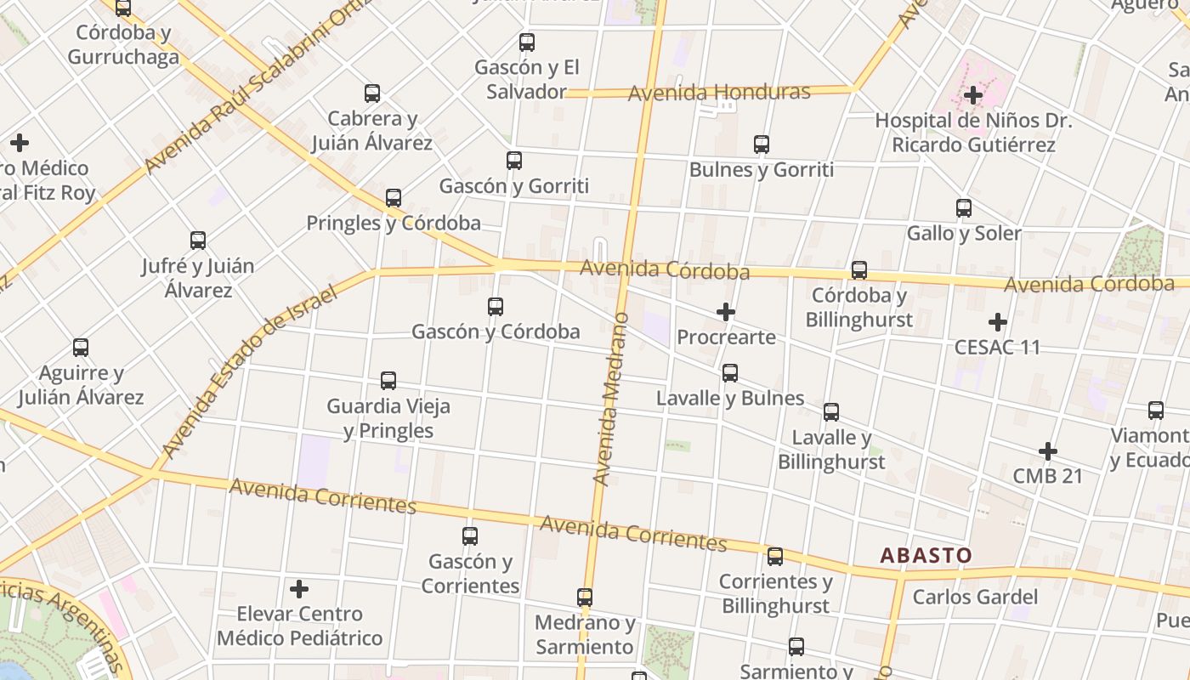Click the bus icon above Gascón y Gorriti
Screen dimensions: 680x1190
pyautogui.click(x=514, y=160)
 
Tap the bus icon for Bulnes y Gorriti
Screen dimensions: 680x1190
pyautogui.click(x=762, y=144)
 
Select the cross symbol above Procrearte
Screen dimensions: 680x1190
pyautogui.click(x=726, y=312)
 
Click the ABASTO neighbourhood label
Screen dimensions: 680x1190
pyautogui.click(x=926, y=556)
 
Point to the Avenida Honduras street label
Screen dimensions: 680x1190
pyautogui.click(x=719, y=92)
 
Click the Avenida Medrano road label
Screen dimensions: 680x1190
pyautogui.click(x=611, y=399)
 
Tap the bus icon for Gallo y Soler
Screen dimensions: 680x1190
pyautogui.click(x=964, y=208)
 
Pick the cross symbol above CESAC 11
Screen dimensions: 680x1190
pyautogui.click(x=998, y=322)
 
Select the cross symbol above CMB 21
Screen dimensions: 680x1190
pyautogui.click(x=1048, y=450)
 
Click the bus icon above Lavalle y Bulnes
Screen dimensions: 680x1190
pyautogui.click(x=730, y=373)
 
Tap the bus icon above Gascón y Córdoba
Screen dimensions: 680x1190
pyautogui.click(x=496, y=307)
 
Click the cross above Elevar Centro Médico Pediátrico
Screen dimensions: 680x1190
pyautogui.click(x=299, y=588)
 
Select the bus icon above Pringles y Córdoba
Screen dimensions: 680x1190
pyautogui.click(x=394, y=198)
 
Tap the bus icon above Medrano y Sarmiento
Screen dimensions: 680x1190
pyautogui.click(x=585, y=598)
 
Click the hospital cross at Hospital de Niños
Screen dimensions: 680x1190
pyautogui.click(x=973, y=95)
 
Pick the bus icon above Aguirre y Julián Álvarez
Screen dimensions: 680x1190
pyautogui.click(x=81, y=348)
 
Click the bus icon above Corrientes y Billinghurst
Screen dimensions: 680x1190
pyautogui.click(x=775, y=557)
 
